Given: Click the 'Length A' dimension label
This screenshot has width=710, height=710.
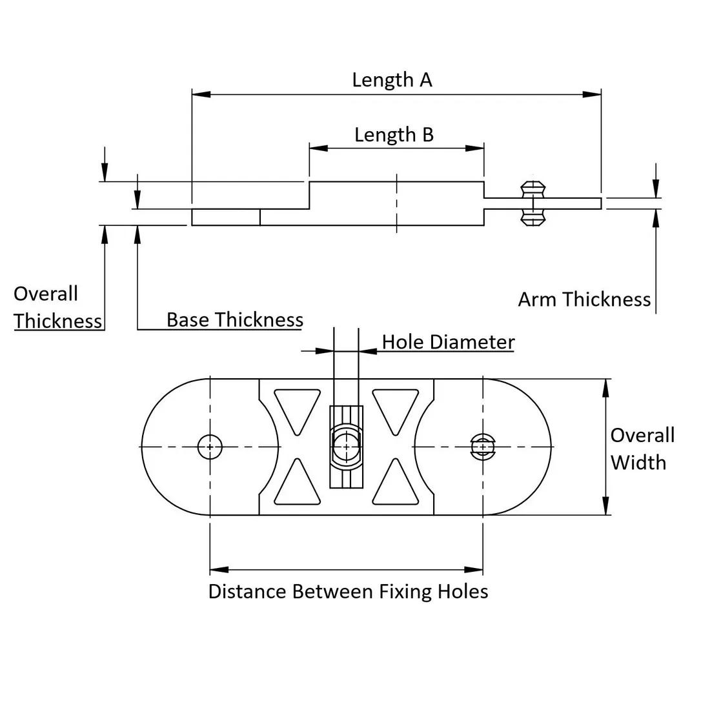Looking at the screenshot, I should coord(392,80).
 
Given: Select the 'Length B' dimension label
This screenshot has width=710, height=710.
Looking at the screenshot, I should coord(394,135).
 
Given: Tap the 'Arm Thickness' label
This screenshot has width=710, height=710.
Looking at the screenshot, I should coord(584,299).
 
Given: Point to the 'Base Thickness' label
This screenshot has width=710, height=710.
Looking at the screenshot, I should coord(235,319).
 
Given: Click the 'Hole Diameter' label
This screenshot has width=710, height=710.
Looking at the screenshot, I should coord(448,341).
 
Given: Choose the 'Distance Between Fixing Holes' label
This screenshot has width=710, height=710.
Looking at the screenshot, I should coord(348,591).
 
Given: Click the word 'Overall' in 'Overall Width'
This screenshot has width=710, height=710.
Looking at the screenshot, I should coord(642,435).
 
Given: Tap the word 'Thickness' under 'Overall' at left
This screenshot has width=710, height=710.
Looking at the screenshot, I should coord(58,321).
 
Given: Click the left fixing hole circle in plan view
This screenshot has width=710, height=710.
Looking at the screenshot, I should coord(210,447).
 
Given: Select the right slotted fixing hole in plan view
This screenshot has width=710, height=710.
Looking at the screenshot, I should coord(483,447).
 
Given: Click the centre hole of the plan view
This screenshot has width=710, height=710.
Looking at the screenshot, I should coord(347,447).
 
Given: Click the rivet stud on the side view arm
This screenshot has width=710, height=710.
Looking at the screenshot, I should coord(533,203).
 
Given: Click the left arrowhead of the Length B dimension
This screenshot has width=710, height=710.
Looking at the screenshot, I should coord(318,148).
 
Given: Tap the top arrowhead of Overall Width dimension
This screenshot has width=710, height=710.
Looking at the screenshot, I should coord(605,387).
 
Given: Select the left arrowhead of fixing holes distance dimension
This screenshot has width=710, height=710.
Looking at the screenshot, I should coord(219,570).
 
